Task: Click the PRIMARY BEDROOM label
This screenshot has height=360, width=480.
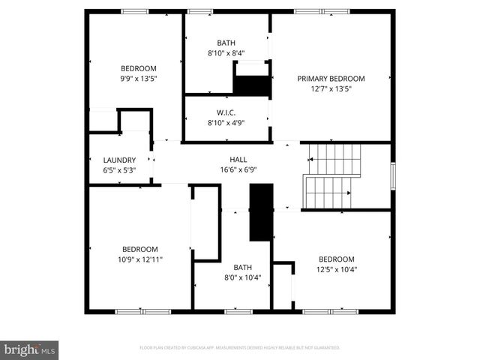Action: [331, 79]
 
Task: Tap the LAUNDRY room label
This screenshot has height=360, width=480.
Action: [119, 160]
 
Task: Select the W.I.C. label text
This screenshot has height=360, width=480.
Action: [226, 112]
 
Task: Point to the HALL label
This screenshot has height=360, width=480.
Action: [238, 160]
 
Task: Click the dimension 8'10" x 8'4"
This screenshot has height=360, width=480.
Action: [226, 53]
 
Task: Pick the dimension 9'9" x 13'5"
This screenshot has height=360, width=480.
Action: [139, 78]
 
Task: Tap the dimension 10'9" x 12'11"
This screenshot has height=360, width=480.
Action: [140, 259]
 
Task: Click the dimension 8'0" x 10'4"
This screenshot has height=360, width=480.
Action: [242, 277]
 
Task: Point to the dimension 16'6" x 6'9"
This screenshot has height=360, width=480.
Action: [238, 170]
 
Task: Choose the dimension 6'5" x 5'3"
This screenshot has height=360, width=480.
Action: [119, 170]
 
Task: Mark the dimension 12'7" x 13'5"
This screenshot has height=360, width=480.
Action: [331, 88]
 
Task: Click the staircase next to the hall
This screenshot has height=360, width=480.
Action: [331, 177]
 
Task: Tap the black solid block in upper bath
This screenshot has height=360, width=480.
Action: [252, 84]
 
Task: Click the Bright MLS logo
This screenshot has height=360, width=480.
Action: [30, 349]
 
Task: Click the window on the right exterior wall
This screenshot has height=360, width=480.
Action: [392, 176]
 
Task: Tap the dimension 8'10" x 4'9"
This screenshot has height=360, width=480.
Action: [226, 123]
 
